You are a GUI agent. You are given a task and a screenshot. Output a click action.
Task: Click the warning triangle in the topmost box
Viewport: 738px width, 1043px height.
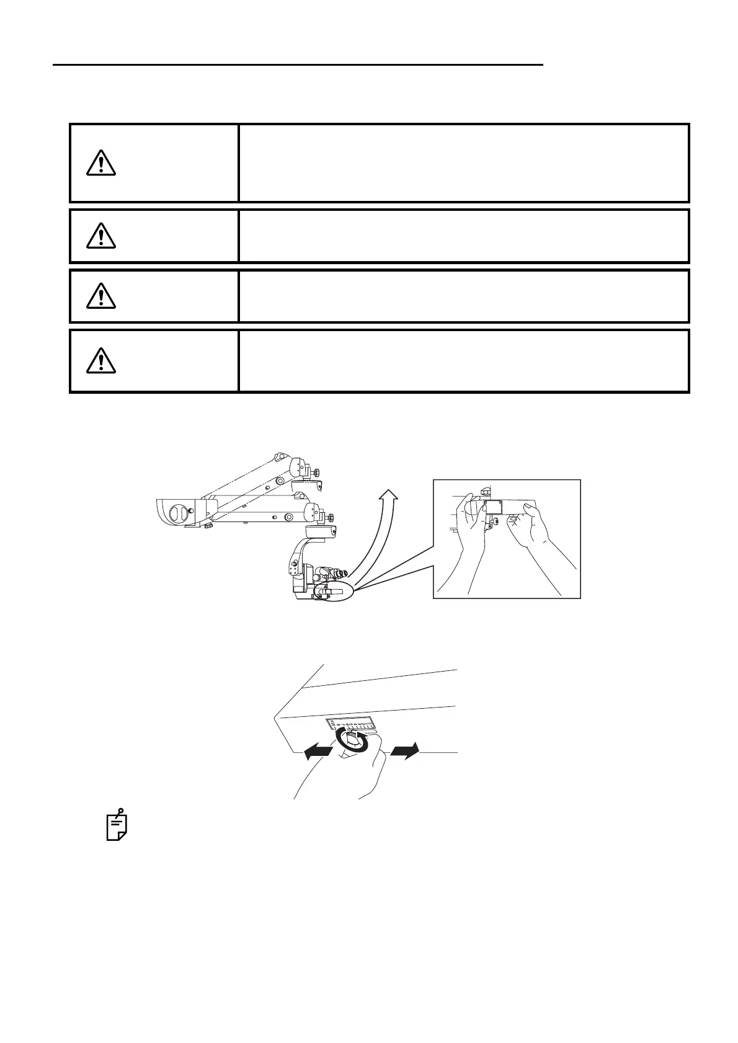(x=100, y=162)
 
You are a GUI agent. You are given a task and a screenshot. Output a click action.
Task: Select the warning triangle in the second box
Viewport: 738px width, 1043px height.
(x=100, y=234)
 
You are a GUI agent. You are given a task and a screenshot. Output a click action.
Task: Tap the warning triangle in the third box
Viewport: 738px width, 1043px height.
(x=100, y=296)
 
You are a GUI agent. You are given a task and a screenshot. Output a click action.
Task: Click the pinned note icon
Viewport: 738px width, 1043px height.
(x=117, y=825)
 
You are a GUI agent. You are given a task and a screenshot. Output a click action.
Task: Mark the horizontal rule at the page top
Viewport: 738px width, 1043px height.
(x=298, y=64)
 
